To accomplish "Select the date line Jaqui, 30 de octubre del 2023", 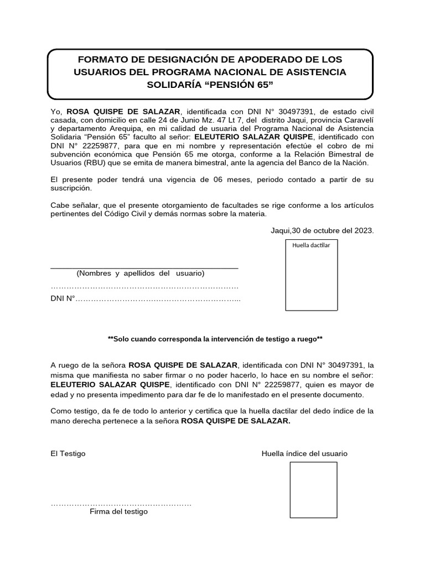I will (322, 231).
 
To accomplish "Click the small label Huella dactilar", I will (311, 245).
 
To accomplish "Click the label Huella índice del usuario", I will (304, 454).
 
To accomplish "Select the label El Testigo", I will (68, 454).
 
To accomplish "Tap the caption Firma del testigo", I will (118, 512).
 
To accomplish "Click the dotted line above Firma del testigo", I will (121, 504).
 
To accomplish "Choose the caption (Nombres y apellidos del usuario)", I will (141, 274).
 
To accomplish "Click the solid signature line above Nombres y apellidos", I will (144, 268).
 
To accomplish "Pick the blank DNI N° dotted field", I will (158, 300).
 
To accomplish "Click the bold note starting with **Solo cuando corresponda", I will (215, 339).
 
